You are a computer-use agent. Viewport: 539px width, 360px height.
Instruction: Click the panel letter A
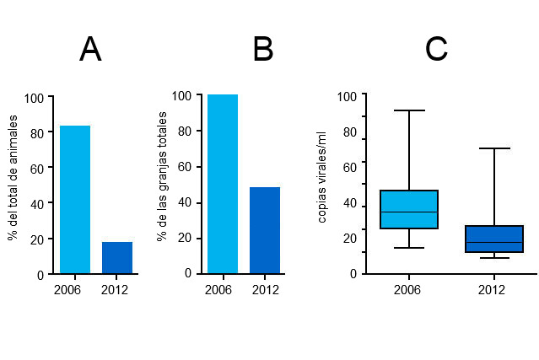[90, 50]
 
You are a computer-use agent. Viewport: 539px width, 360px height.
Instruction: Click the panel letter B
[263, 50]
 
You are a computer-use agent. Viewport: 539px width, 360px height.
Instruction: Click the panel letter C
[436, 50]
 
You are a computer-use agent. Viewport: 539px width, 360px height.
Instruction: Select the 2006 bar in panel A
[75, 200]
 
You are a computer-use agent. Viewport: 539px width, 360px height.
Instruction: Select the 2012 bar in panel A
[117, 258]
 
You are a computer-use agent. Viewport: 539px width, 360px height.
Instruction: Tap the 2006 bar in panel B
[223, 184]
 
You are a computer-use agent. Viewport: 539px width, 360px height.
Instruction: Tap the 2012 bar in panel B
[265, 230]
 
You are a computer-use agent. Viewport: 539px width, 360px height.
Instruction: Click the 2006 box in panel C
[409, 209]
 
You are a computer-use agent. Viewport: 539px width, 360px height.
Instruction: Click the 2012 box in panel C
[494, 239]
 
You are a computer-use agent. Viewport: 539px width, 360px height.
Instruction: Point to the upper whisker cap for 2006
[409, 110]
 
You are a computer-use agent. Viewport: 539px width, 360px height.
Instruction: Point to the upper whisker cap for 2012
[494, 148]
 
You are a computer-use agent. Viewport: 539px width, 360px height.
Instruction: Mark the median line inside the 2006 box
[409, 212]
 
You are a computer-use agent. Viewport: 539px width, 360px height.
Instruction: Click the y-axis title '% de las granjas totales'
[161, 183]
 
